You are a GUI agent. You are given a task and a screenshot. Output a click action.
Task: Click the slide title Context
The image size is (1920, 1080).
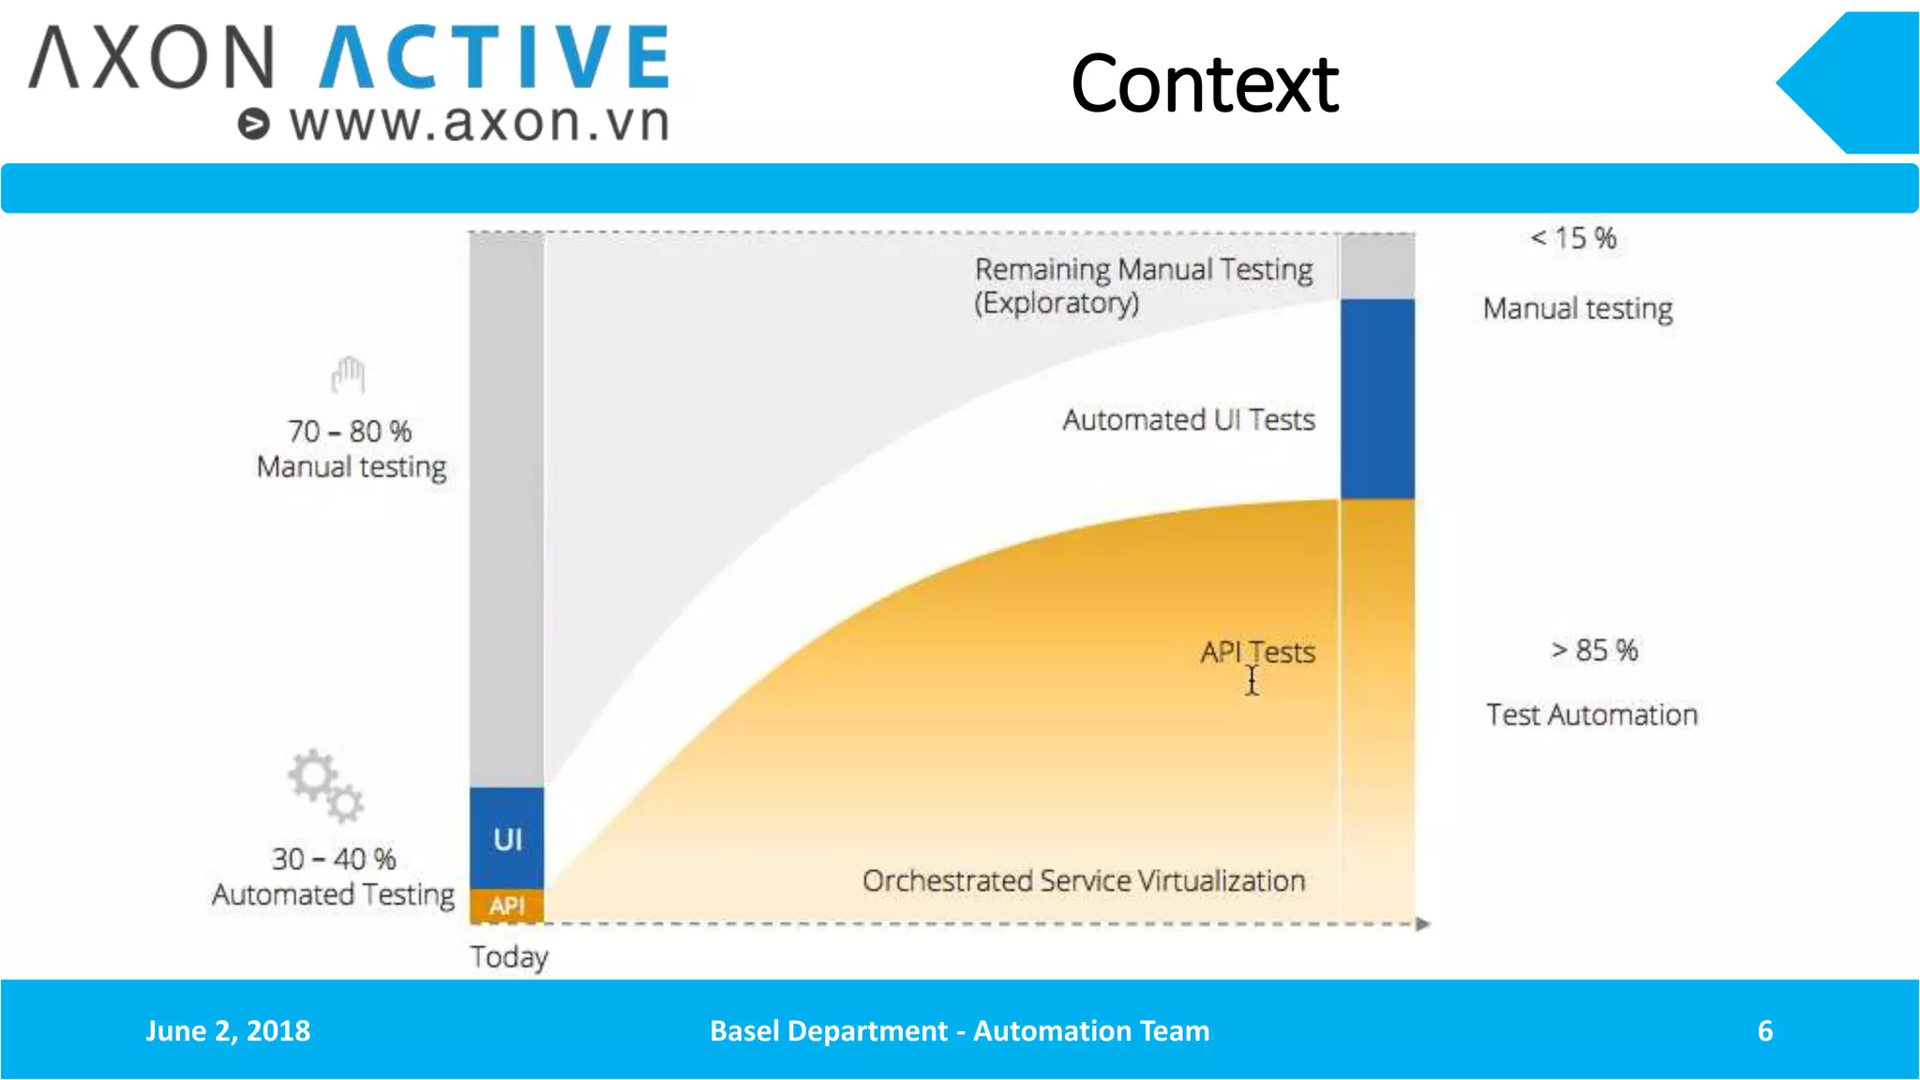pyautogui.click(x=1204, y=84)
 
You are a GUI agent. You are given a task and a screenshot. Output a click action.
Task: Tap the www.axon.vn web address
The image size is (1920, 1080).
pyautogui.click(x=478, y=123)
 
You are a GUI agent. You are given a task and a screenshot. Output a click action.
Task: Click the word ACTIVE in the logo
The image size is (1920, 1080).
pyautogui.click(x=494, y=57)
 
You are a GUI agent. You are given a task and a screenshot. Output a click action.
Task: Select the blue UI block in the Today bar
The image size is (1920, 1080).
pyautogui.click(x=506, y=837)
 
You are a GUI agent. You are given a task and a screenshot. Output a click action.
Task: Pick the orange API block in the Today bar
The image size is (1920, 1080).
pyautogui.click(x=506, y=906)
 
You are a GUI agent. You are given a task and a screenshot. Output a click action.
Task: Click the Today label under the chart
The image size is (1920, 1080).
pyautogui.click(x=509, y=957)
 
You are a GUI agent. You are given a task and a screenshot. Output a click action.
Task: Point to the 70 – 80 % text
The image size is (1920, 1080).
pyautogui.click(x=350, y=431)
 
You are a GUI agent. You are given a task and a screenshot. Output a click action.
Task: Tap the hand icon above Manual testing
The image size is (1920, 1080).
pyautogui.click(x=348, y=376)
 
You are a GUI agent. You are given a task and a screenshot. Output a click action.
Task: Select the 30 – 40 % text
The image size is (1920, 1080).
pyautogui.click(x=334, y=859)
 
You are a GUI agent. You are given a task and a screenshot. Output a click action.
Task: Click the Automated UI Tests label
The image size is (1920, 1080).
pyautogui.click(x=1188, y=420)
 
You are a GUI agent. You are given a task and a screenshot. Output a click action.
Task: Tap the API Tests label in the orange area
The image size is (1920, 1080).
pyautogui.click(x=1257, y=652)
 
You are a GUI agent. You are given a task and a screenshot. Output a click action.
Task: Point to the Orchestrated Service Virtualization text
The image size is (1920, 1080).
pyautogui.click(x=1083, y=881)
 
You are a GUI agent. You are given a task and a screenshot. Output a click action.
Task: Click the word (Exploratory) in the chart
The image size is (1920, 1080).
pyautogui.click(x=1056, y=304)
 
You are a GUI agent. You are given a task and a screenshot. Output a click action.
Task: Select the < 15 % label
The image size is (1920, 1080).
pyautogui.click(x=1573, y=238)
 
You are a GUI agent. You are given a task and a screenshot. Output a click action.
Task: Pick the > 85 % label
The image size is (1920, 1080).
pyautogui.click(x=1594, y=650)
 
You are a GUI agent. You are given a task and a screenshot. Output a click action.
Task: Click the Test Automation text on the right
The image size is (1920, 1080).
pyautogui.click(x=1591, y=715)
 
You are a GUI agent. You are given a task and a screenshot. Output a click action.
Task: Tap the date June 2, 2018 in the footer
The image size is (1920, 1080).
pyautogui.click(x=228, y=1030)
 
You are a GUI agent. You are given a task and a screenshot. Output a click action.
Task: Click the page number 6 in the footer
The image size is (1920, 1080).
pyautogui.click(x=1764, y=1030)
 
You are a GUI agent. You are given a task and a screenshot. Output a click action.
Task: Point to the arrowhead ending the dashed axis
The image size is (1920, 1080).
pyautogui.click(x=1422, y=923)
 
